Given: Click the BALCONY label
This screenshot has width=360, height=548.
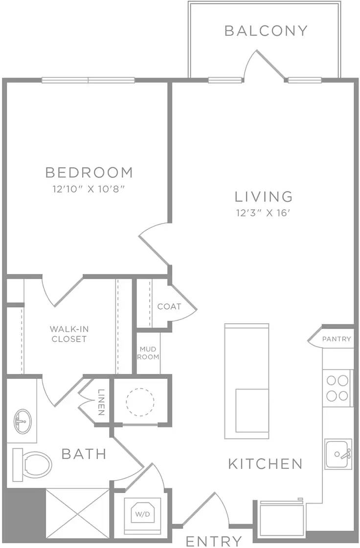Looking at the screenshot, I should coord(266,31).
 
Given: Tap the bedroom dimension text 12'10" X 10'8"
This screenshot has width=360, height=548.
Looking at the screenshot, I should coord(89,188).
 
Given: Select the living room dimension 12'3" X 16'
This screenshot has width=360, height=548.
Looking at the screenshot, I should coord(264,213).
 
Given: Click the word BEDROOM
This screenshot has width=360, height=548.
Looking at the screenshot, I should coord(89,173).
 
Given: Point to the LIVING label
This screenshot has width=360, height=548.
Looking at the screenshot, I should coord(264,197).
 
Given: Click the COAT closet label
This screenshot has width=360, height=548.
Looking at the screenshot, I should coord(169,307).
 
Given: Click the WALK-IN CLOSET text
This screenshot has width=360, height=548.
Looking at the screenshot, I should coord(68,334).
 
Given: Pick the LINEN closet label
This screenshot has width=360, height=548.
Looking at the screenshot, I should coord(101,402).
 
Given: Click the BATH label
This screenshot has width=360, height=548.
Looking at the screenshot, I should coord(84,454).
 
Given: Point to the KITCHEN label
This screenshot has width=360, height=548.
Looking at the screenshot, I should coord(265,463).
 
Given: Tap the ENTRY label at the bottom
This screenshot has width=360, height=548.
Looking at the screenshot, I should coord(214,541).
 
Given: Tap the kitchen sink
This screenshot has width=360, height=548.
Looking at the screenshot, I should coord(338,454).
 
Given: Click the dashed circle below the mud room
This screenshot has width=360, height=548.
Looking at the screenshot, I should coord(140,402).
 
